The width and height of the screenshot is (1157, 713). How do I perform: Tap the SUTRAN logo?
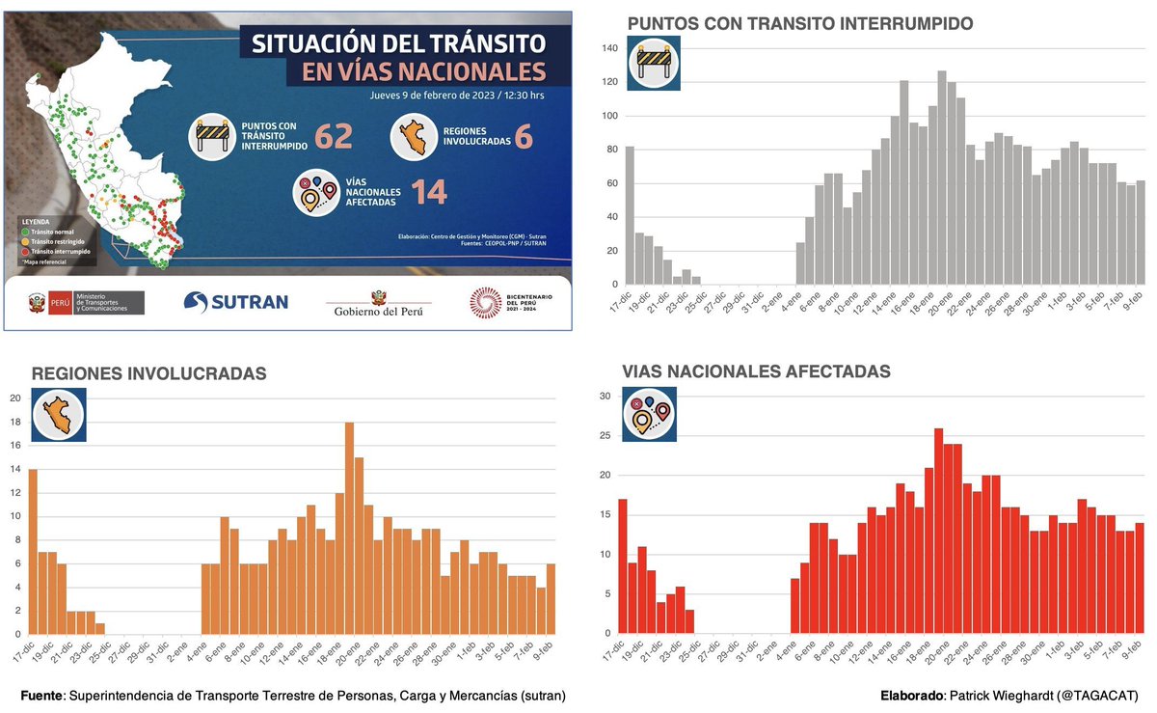[x=236, y=302]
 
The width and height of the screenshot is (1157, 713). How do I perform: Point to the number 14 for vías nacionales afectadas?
[x=429, y=191]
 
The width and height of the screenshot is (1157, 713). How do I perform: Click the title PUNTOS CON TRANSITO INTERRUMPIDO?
[x=800, y=23]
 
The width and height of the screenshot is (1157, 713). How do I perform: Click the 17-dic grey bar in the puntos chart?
[x=630, y=216]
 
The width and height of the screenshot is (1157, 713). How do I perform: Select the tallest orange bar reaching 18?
[x=350, y=528]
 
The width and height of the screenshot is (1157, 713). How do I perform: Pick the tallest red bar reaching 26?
[x=938, y=531]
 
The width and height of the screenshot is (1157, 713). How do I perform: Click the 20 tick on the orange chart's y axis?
[x=13, y=398]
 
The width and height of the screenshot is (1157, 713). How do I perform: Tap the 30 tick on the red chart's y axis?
[x=605, y=396]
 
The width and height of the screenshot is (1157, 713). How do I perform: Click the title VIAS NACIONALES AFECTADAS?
[x=756, y=371]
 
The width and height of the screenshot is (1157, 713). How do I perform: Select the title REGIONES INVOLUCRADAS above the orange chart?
[x=149, y=373]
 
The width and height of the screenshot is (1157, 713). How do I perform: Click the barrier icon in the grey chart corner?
[x=654, y=64]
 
